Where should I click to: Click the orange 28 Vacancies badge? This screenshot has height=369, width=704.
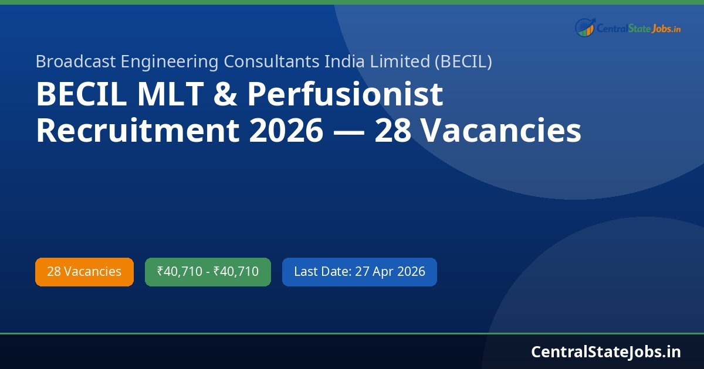[x=84, y=272]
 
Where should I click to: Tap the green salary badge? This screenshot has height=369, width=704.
[x=208, y=272]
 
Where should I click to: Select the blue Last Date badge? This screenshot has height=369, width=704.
[x=359, y=272]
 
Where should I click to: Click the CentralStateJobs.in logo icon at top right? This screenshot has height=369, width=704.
[x=584, y=28]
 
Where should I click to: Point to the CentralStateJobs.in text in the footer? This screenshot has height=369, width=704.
[x=606, y=351]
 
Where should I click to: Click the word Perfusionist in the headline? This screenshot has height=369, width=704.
[x=345, y=95]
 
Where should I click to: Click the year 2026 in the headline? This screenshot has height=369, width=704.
[x=286, y=131]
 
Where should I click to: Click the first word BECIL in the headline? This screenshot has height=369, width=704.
[x=80, y=95]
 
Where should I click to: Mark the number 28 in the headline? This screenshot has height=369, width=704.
[x=392, y=131]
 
